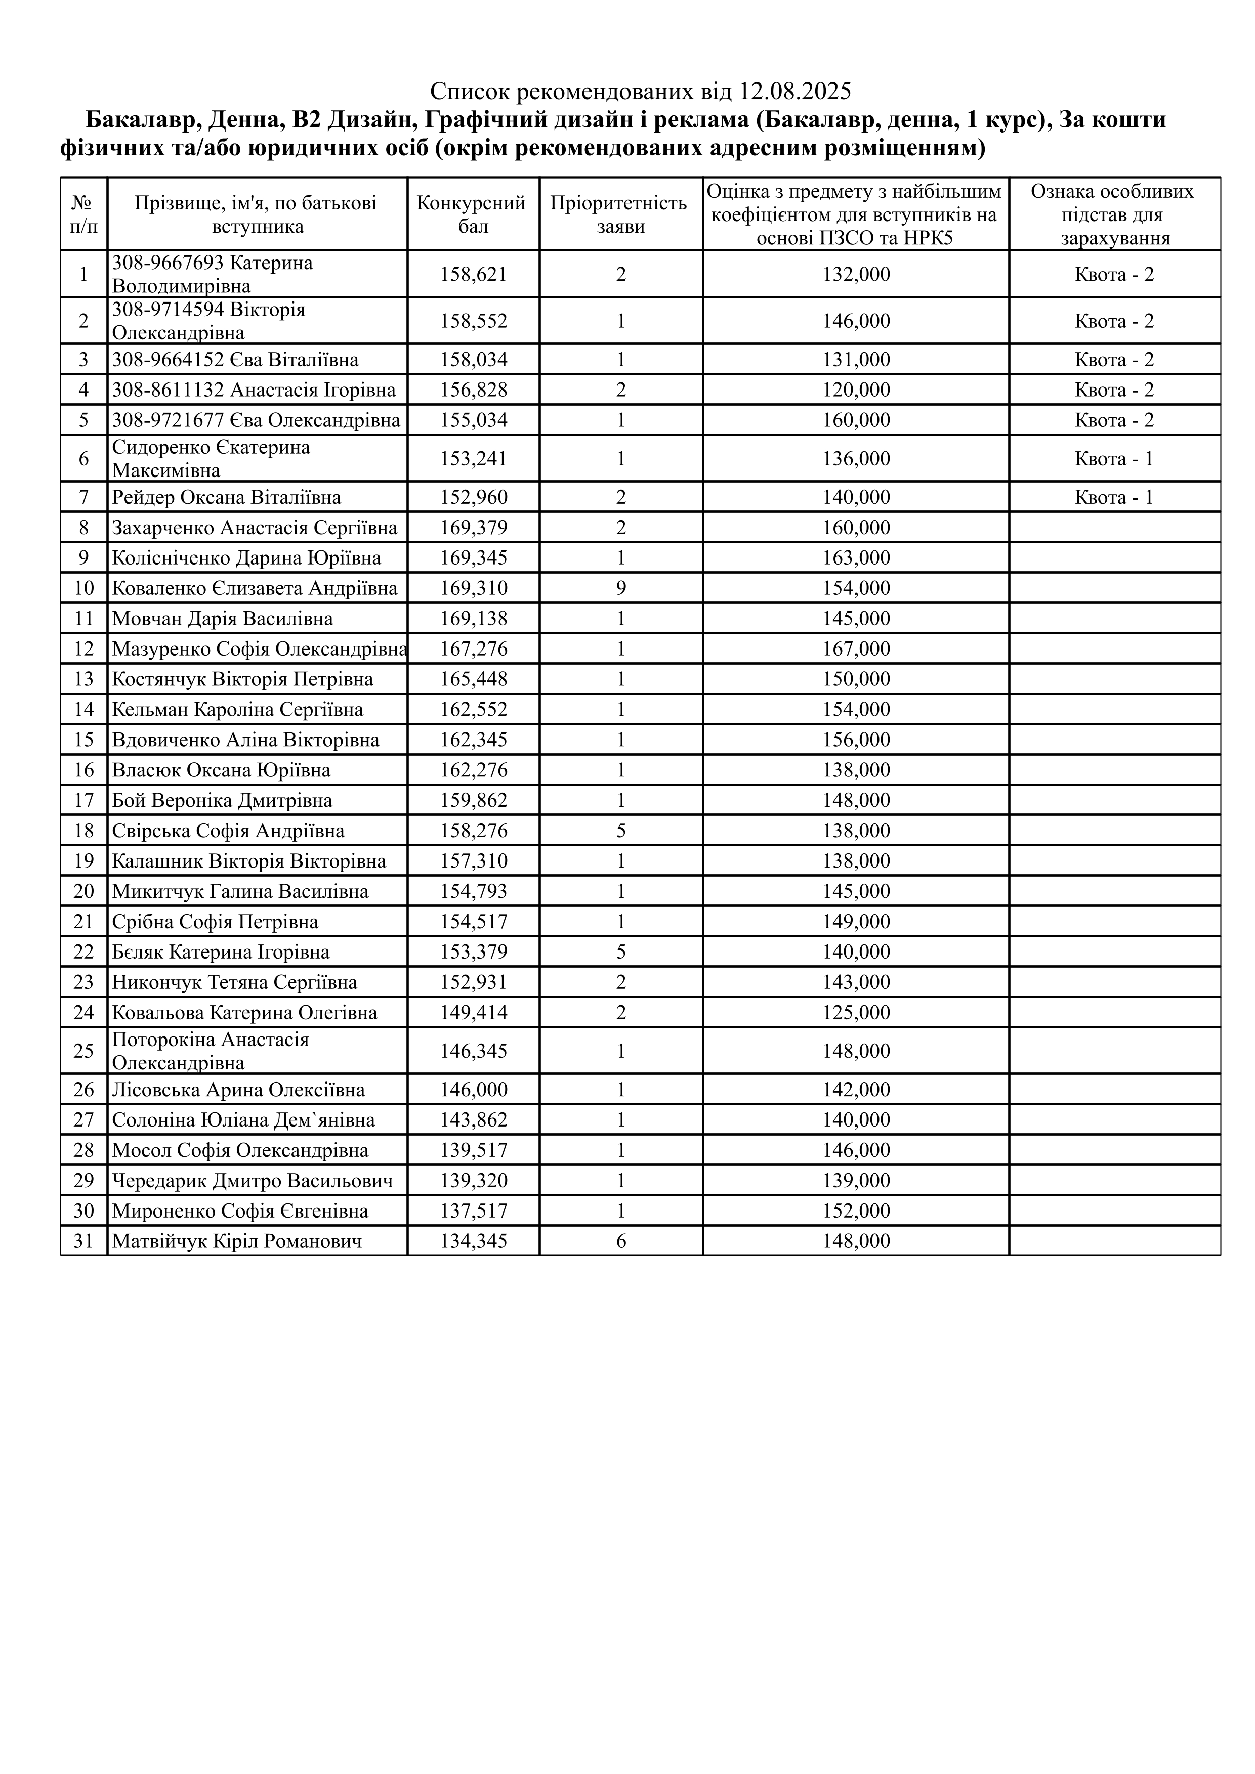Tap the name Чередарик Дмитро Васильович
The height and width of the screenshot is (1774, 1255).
point(252,1181)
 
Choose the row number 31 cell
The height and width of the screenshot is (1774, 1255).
point(83,1242)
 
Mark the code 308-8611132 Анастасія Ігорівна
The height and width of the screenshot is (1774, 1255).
point(254,390)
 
